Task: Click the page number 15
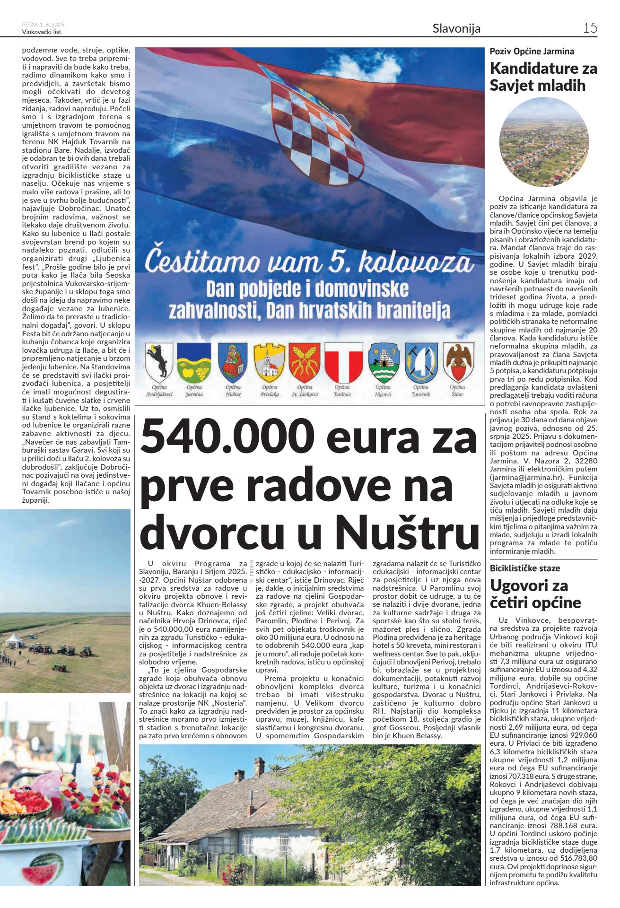tap(590, 28)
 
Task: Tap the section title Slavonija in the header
tap(456, 28)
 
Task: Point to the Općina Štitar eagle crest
tap(458, 362)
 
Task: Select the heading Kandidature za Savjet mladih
tap(543, 77)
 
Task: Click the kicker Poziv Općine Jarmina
tap(532, 52)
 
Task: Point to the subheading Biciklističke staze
tap(525, 568)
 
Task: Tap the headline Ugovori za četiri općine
tap(535, 594)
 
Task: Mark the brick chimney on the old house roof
tap(259, 765)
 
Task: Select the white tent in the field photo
tap(14, 640)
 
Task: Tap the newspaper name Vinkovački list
tap(42, 32)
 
